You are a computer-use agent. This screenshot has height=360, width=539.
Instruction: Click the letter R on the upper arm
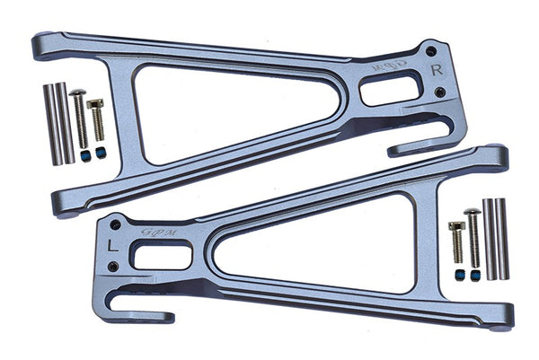437,69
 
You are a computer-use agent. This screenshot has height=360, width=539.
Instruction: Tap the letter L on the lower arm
110,243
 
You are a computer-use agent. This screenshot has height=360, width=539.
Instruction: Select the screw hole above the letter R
431,51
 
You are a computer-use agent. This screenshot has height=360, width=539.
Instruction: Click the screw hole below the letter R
439,92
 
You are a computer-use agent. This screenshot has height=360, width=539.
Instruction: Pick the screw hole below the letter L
112,266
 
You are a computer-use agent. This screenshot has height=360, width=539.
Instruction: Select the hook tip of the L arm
166,316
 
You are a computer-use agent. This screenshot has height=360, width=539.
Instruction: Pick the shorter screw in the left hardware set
96,119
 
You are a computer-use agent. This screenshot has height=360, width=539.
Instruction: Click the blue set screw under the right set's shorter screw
458,272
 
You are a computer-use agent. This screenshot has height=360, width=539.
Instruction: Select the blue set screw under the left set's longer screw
84,155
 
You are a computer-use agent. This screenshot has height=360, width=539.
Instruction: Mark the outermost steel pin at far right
503,238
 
